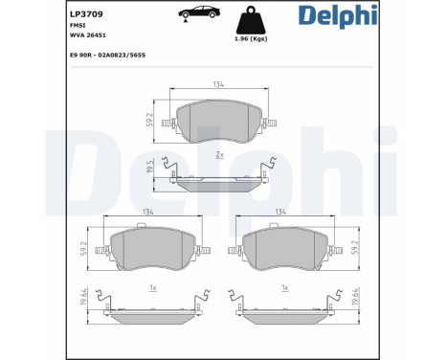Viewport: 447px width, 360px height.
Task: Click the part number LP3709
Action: coord(86,14)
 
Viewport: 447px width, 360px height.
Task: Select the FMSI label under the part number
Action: coord(78,26)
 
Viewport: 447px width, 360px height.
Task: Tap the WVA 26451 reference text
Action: coord(88,35)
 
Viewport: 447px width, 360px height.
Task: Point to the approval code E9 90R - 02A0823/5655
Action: coord(107,56)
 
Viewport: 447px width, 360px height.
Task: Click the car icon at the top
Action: coord(199,13)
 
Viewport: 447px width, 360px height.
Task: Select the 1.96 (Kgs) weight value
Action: coord(251,39)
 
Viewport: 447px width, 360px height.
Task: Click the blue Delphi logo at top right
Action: coord(338,16)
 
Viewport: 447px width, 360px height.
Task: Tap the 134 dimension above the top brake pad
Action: coord(218,84)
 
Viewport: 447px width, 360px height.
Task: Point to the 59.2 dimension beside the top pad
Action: coord(149,120)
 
